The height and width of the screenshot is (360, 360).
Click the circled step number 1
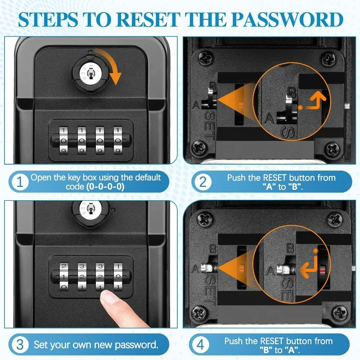coord(20,182)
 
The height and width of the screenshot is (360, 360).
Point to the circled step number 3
coord(20,345)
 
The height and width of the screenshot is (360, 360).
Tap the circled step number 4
coord(200,345)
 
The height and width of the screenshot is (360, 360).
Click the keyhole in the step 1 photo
coord(90,74)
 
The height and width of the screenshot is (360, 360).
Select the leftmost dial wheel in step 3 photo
coord(64,276)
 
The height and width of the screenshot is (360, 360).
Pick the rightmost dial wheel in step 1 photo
coord(118,140)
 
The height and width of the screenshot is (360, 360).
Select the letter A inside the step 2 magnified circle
coord(269,118)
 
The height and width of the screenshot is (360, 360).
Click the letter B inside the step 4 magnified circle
coord(290,248)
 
